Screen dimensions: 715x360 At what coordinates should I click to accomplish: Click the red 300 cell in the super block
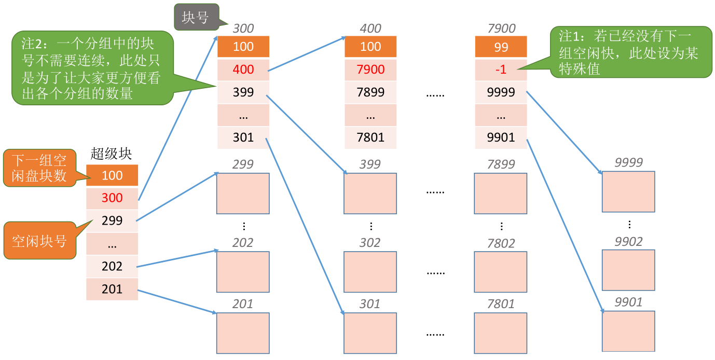coord(112,198)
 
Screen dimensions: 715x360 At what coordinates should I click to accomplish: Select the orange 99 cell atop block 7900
coord(501,47)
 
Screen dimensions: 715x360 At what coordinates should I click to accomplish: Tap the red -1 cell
coord(501,70)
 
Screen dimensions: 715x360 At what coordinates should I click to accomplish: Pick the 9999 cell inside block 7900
coord(501,92)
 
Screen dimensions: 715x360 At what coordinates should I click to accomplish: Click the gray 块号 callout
coord(196,17)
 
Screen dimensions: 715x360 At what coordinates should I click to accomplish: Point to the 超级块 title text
coord(111,154)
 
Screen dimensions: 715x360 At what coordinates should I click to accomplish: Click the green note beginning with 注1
coord(630,52)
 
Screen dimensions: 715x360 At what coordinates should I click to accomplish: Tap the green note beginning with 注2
coord(92,68)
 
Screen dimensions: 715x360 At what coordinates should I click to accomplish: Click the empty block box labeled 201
coord(243,333)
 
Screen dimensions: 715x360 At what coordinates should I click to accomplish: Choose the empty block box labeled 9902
coord(628,270)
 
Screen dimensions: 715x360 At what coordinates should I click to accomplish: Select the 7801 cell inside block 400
coord(370,137)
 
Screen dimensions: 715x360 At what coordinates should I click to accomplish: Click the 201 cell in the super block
coord(112,289)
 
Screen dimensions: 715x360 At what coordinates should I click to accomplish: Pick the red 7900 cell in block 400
coord(370,70)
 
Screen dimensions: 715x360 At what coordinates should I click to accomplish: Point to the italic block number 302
coord(370,243)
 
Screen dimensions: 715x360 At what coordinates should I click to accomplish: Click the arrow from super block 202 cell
coord(177,258)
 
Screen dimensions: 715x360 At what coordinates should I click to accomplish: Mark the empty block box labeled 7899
coord(501,193)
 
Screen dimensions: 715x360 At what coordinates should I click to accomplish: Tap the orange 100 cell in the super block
coord(112,175)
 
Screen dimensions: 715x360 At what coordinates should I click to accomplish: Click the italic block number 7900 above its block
coord(501,29)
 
